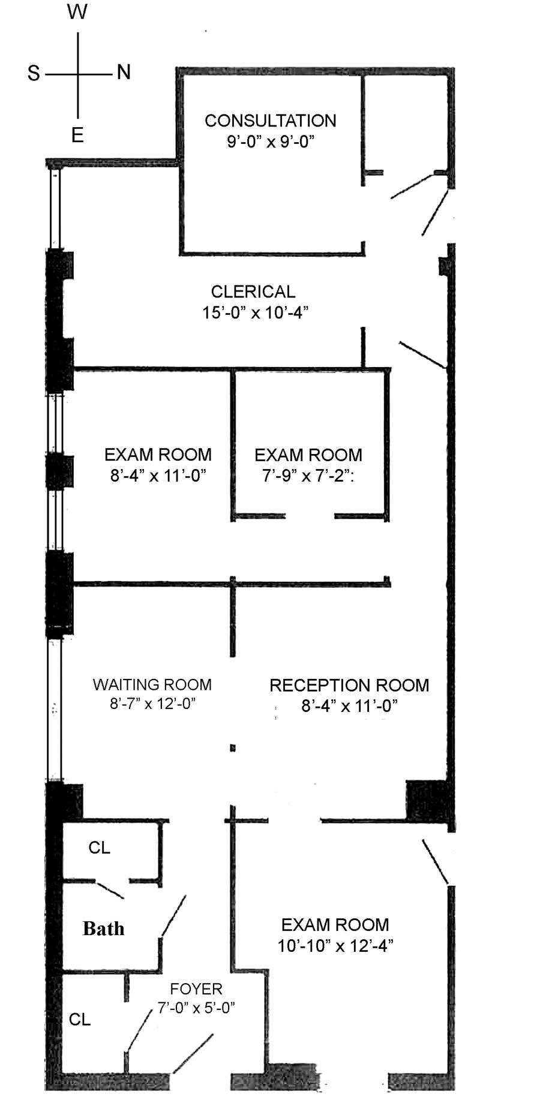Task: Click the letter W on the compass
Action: [x=77, y=11]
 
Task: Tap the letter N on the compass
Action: [x=124, y=73]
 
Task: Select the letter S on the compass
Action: [x=34, y=73]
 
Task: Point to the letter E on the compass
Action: [x=77, y=136]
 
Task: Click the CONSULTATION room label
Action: [x=270, y=121]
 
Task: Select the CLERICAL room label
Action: [x=253, y=291]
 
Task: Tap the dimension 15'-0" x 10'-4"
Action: [x=255, y=312]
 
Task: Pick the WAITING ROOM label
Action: [x=152, y=684]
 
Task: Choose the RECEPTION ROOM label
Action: [x=349, y=685]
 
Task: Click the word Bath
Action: [x=103, y=928]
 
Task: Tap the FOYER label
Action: [x=196, y=988]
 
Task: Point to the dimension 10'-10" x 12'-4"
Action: [x=335, y=946]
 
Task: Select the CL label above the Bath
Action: [x=99, y=847]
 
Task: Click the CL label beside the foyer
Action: [x=80, y=1020]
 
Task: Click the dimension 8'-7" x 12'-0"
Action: [x=152, y=703]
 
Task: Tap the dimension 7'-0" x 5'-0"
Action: [x=196, y=1008]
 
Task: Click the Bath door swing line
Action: [x=173, y=915]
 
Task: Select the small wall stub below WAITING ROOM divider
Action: [x=232, y=748]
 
